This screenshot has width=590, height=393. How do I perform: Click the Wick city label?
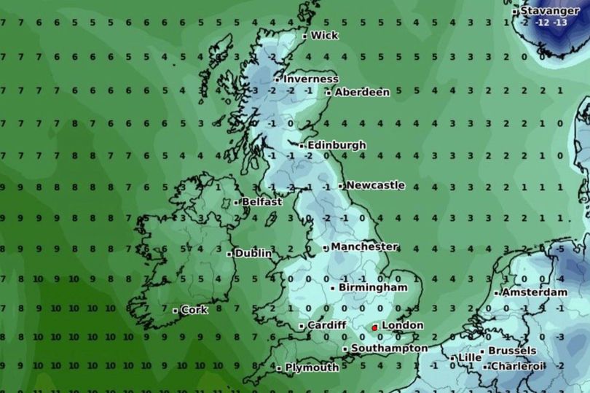point(324,35)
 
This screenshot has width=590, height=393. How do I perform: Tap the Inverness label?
point(311,79)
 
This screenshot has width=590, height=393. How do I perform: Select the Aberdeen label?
point(362,92)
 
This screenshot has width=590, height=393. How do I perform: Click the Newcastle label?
point(375,185)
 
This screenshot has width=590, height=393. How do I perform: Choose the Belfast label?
point(261,201)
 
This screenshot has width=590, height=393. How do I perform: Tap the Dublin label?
point(253,254)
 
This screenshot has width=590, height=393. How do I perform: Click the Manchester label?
point(364,246)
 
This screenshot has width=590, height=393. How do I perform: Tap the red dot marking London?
point(375,327)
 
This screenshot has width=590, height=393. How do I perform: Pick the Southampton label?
point(389,349)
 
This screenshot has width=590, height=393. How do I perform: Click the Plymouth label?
point(312,367)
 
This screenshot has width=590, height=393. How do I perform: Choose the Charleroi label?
point(517,365)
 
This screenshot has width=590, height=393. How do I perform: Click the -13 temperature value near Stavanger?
point(560,23)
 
